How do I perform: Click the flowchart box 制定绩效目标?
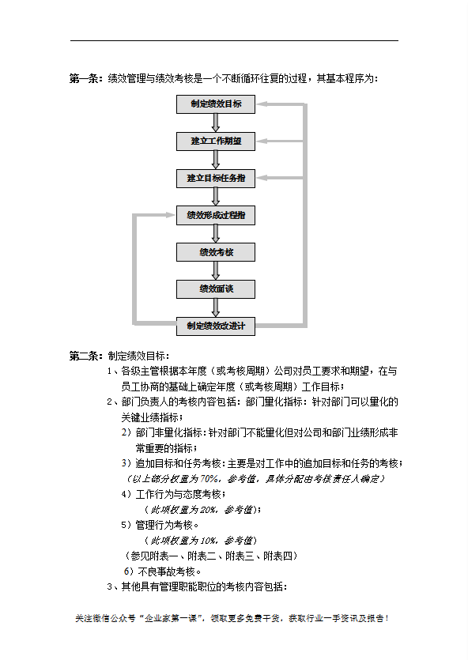216,104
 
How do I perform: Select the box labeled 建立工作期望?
216,141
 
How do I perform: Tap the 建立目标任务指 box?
216,178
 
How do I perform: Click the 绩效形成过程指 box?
216,215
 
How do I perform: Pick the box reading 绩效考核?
216,252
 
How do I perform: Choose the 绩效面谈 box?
216,289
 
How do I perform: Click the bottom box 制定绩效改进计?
216,326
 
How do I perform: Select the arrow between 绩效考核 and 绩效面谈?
216,270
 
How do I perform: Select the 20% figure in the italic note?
202,510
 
